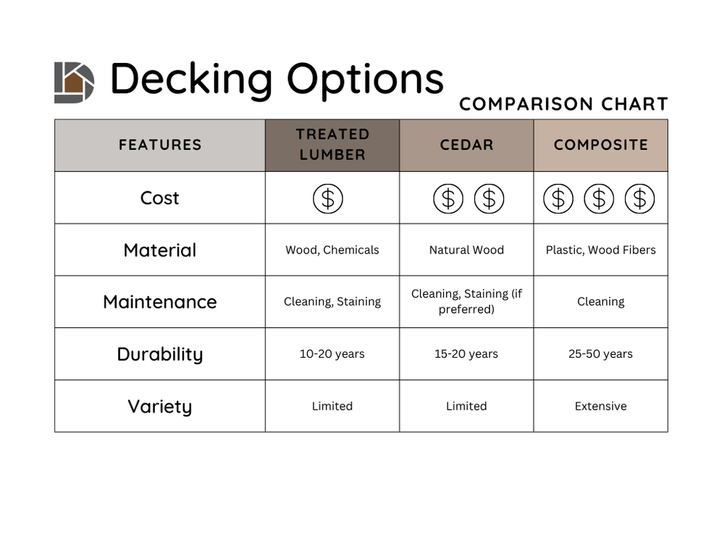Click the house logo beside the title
point(74,82)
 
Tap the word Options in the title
point(365,78)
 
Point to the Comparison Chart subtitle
point(563,104)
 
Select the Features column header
point(160,145)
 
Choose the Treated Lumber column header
point(332,145)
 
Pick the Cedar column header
point(466,145)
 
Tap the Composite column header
point(601,145)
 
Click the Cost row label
point(160,198)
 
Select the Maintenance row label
point(160,302)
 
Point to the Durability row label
point(160,354)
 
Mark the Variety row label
point(160,406)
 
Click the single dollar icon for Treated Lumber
point(328,198)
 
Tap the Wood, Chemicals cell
point(332,250)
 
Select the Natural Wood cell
point(466,250)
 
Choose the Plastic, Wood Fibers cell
point(601,250)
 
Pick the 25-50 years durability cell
point(601,354)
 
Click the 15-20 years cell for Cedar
point(466,354)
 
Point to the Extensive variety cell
point(601,406)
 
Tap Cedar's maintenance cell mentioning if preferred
point(466,302)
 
